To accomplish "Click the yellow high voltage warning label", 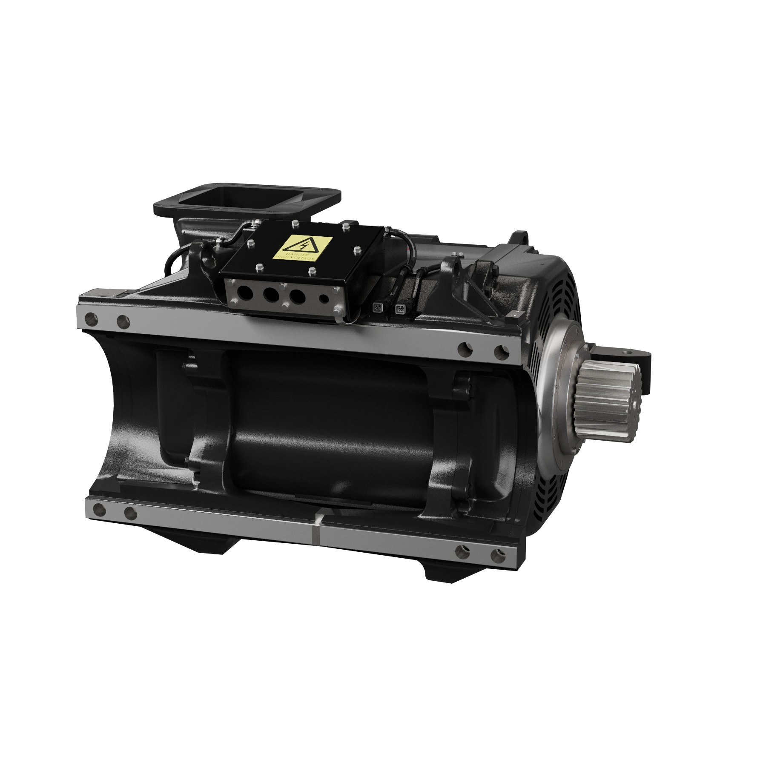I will click(302, 248).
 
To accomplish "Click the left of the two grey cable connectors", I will click(377, 307).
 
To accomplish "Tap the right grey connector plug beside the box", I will click(400, 308).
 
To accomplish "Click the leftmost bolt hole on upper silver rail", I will click(90, 318).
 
